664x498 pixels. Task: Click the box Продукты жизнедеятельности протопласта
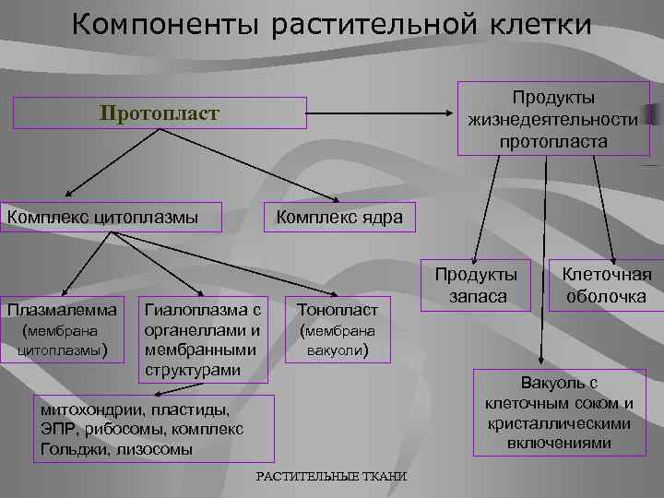point(552,119)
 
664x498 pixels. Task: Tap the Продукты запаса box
point(476,285)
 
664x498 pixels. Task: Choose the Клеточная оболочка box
point(606,285)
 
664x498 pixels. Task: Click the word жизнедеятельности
point(552,120)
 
